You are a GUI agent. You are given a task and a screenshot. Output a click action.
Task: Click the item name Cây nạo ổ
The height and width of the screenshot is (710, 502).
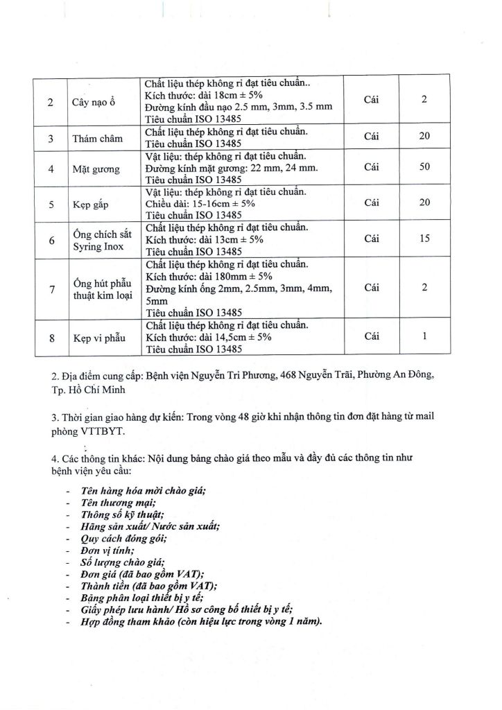[x=94, y=103]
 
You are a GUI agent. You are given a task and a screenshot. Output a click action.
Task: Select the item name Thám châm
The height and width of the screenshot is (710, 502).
[x=97, y=138]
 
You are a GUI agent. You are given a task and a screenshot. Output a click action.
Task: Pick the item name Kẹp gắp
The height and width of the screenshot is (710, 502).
[x=91, y=204]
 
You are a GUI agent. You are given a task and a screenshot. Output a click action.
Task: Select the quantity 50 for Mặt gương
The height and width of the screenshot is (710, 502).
[x=425, y=167]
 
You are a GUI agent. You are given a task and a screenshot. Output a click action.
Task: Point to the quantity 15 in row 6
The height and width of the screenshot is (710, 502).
[x=425, y=238]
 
